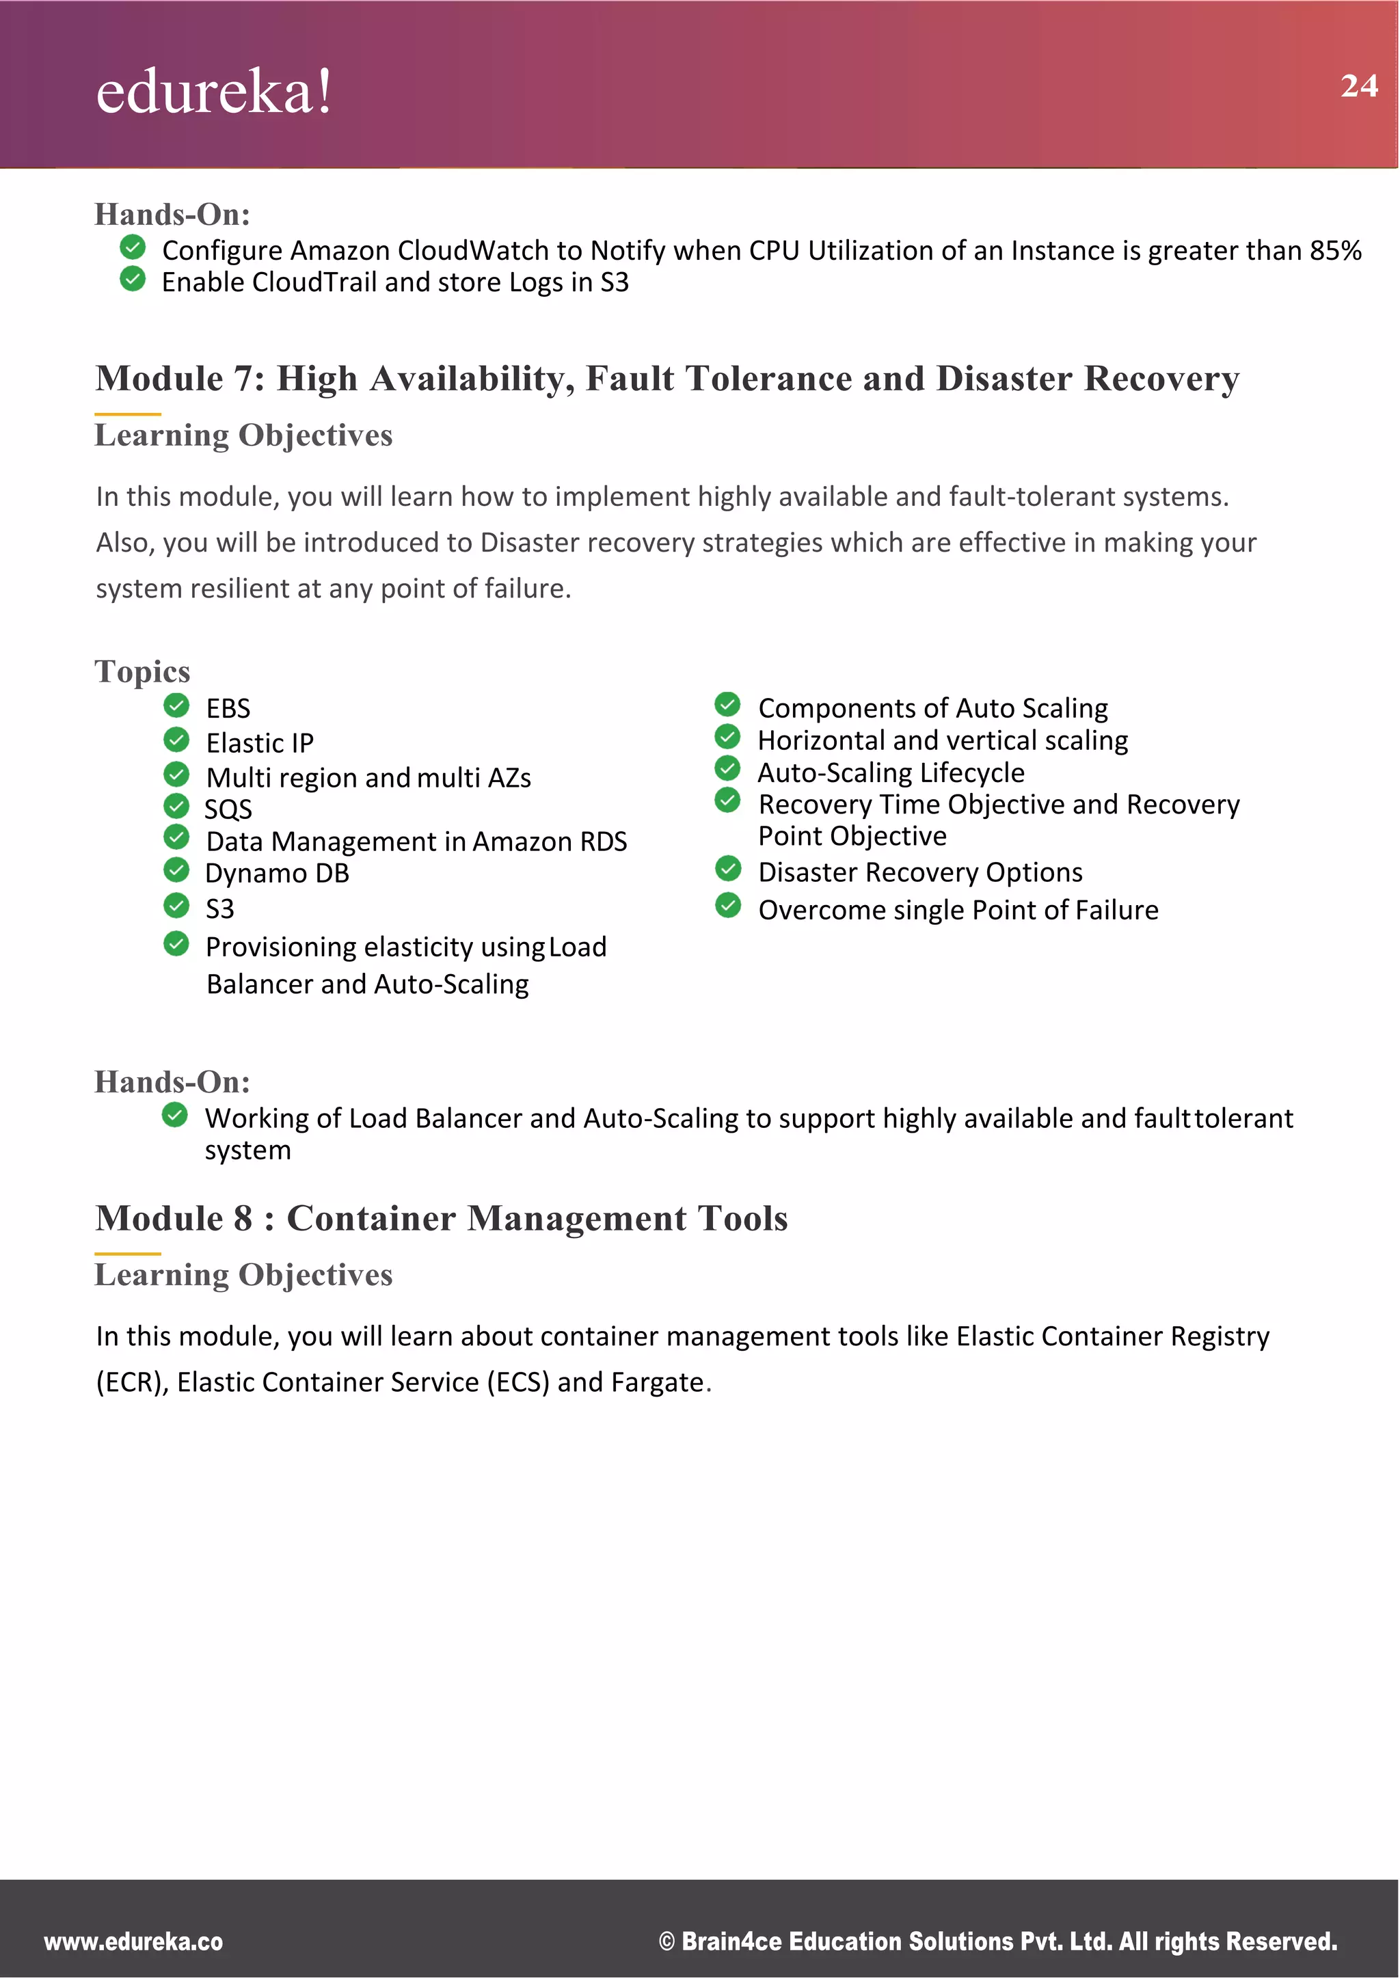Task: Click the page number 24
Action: [1358, 86]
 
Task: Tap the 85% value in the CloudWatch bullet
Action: [1335, 251]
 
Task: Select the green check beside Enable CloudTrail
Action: [133, 280]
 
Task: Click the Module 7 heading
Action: [667, 379]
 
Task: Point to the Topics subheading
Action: [142, 671]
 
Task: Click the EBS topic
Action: [228, 708]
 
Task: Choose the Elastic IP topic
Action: [260, 743]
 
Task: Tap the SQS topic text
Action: [228, 809]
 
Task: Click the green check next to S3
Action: [177, 906]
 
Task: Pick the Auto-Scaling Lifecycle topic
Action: [891, 773]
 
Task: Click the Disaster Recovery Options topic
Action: [920, 872]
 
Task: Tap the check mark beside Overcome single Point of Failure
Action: [729, 906]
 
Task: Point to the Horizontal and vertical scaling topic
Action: [942, 740]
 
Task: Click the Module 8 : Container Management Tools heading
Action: [442, 1219]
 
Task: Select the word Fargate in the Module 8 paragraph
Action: [657, 1382]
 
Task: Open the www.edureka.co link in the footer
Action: [133, 1941]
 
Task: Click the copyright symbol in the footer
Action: [667, 1942]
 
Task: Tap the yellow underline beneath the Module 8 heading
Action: [128, 1253]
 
